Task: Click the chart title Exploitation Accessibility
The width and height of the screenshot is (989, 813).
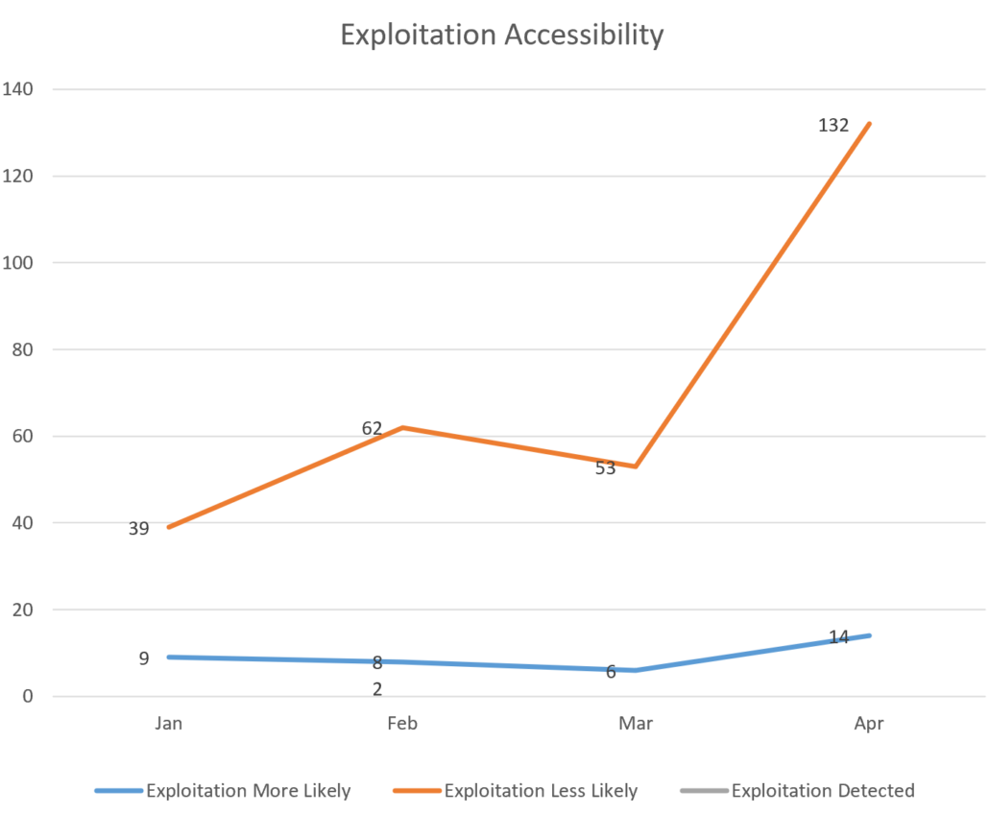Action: pos(501,36)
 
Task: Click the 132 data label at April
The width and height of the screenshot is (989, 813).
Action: pos(833,125)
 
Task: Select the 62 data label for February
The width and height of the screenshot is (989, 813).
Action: pos(372,428)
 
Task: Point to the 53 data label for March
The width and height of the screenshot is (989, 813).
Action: pos(605,469)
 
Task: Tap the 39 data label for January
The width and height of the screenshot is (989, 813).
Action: pos(138,528)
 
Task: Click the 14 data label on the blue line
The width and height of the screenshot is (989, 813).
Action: pos(838,636)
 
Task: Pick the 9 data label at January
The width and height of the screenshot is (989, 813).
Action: pos(144,658)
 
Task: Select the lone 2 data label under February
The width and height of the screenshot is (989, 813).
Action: pos(377,688)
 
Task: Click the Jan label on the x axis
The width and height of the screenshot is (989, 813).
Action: pos(168,724)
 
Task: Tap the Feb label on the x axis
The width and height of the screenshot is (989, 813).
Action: pos(401,724)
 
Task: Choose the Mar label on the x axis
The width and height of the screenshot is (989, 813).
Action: pos(636,724)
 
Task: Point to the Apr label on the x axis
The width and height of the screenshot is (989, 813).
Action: pos(869,724)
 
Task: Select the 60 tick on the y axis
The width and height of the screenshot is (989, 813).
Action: pos(21,437)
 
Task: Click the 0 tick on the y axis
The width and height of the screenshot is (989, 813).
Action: pos(28,697)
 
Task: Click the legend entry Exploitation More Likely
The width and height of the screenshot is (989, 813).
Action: pos(248,791)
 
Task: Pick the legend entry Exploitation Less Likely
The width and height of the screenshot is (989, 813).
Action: pos(541,791)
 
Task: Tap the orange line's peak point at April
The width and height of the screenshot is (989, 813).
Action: pos(869,124)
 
